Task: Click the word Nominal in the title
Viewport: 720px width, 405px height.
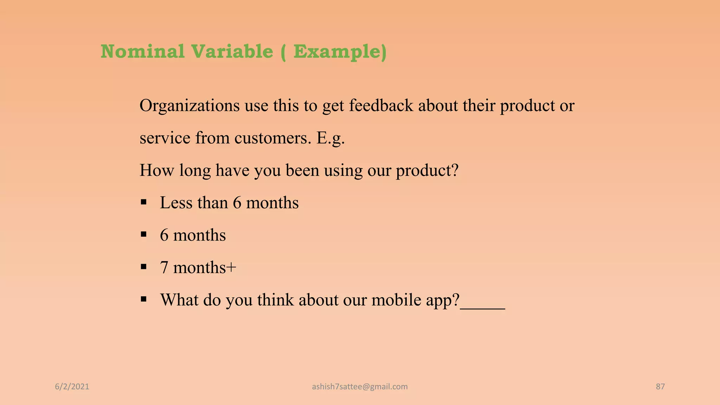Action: (x=142, y=52)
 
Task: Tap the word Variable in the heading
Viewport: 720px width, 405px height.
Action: (x=232, y=52)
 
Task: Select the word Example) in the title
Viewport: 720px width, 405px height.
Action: (x=340, y=52)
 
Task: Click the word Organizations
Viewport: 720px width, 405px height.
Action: (x=189, y=106)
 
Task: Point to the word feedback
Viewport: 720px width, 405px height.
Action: (x=381, y=106)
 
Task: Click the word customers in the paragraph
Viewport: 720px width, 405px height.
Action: (x=273, y=138)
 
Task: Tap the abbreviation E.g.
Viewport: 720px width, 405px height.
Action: (x=330, y=138)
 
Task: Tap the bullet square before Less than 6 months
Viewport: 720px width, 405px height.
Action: (x=143, y=202)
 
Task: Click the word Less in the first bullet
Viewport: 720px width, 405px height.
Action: (x=176, y=203)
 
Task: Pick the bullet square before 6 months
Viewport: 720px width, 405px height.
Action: (x=143, y=234)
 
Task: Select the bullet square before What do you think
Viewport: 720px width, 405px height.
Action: (x=143, y=299)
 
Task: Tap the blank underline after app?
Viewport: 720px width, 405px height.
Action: (x=482, y=308)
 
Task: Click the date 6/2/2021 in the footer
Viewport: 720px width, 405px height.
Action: (x=72, y=387)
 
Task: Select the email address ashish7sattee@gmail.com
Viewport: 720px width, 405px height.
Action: (x=360, y=387)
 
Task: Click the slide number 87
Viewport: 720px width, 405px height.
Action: (x=660, y=387)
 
